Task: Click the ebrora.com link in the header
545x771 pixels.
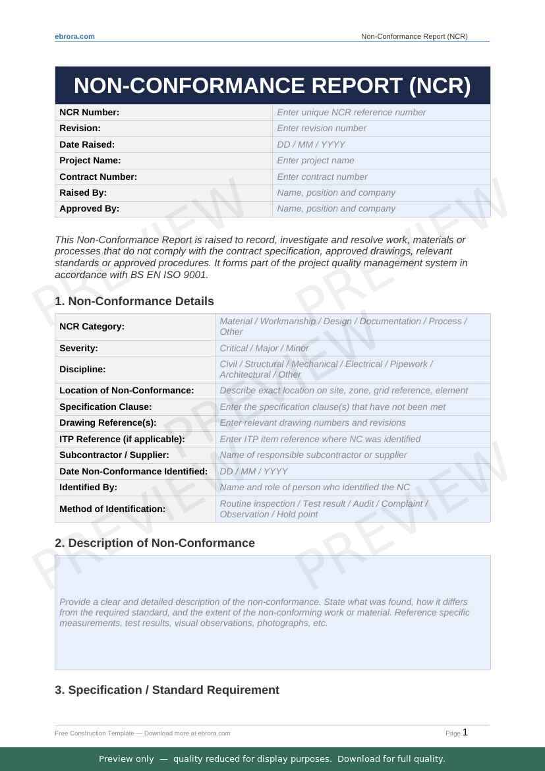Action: (x=74, y=36)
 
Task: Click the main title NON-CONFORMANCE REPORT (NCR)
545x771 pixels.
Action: (x=272, y=86)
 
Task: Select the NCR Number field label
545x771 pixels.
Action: (x=90, y=112)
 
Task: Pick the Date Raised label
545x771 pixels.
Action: (x=87, y=144)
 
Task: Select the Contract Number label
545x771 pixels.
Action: (x=98, y=177)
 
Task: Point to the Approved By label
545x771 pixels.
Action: (x=90, y=208)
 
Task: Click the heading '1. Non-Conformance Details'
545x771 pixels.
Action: (x=134, y=301)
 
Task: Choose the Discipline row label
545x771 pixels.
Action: (x=82, y=369)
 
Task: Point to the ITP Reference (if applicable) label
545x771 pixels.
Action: (x=122, y=439)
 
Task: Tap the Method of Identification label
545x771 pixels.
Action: (x=112, y=509)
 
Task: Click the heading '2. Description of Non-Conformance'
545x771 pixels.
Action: (x=155, y=543)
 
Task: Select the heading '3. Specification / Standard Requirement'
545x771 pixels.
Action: (x=167, y=690)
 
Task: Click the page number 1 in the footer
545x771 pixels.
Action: (x=465, y=732)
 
